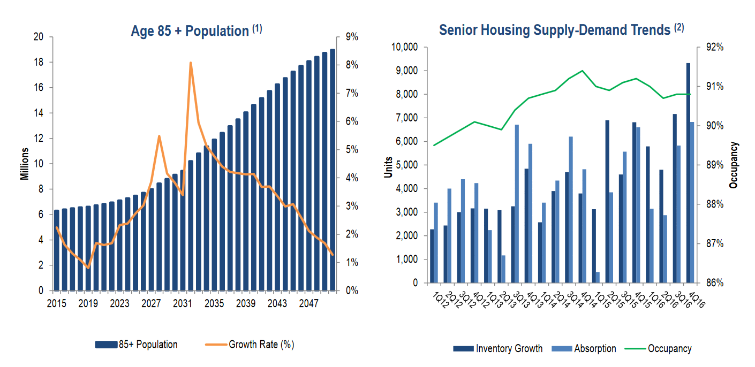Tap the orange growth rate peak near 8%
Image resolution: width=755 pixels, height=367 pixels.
[x=190, y=63]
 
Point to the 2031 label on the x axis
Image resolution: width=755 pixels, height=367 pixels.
[x=182, y=302]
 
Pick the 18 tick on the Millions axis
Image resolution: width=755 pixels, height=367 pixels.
[x=38, y=62]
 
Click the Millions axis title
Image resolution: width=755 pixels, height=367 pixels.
[x=25, y=164]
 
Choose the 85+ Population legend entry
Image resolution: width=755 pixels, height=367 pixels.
[x=137, y=345]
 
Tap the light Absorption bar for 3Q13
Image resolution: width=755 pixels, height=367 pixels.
[x=517, y=204]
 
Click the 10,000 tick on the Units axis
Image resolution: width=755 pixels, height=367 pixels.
[x=405, y=47]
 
